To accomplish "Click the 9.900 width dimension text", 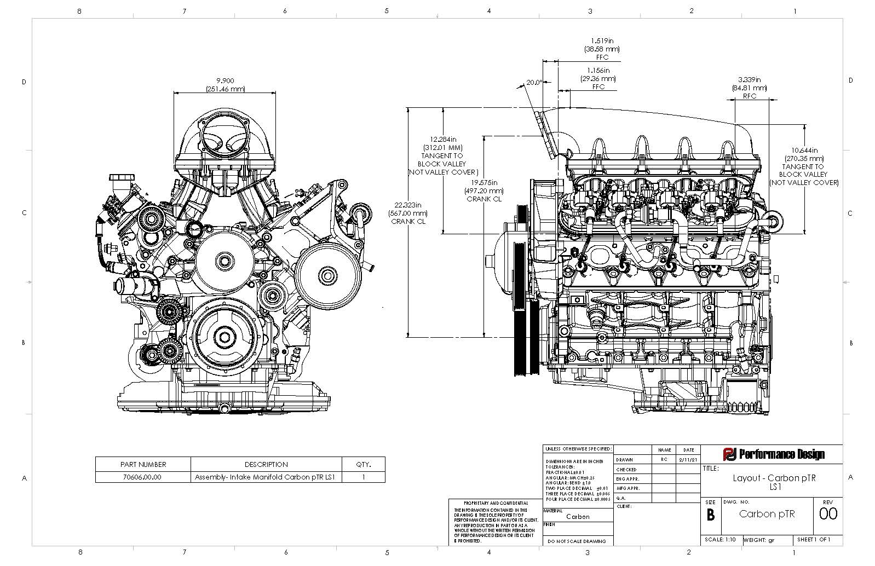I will coord(225,80).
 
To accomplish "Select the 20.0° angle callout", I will coord(533,83).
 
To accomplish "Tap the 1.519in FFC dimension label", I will coord(601,41).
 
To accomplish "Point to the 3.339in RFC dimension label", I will coord(749,79).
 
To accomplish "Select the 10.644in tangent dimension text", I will coord(803,151).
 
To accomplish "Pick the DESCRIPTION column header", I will coord(266,464).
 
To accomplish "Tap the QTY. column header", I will coord(363,464).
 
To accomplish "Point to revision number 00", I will coord(828,514).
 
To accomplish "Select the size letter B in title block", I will coord(710,515).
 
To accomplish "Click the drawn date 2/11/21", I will coord(684,460).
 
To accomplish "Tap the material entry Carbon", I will coord(578,516).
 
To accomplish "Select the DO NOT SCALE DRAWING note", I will coord(578,541).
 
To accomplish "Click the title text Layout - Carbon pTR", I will coord(774,478).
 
